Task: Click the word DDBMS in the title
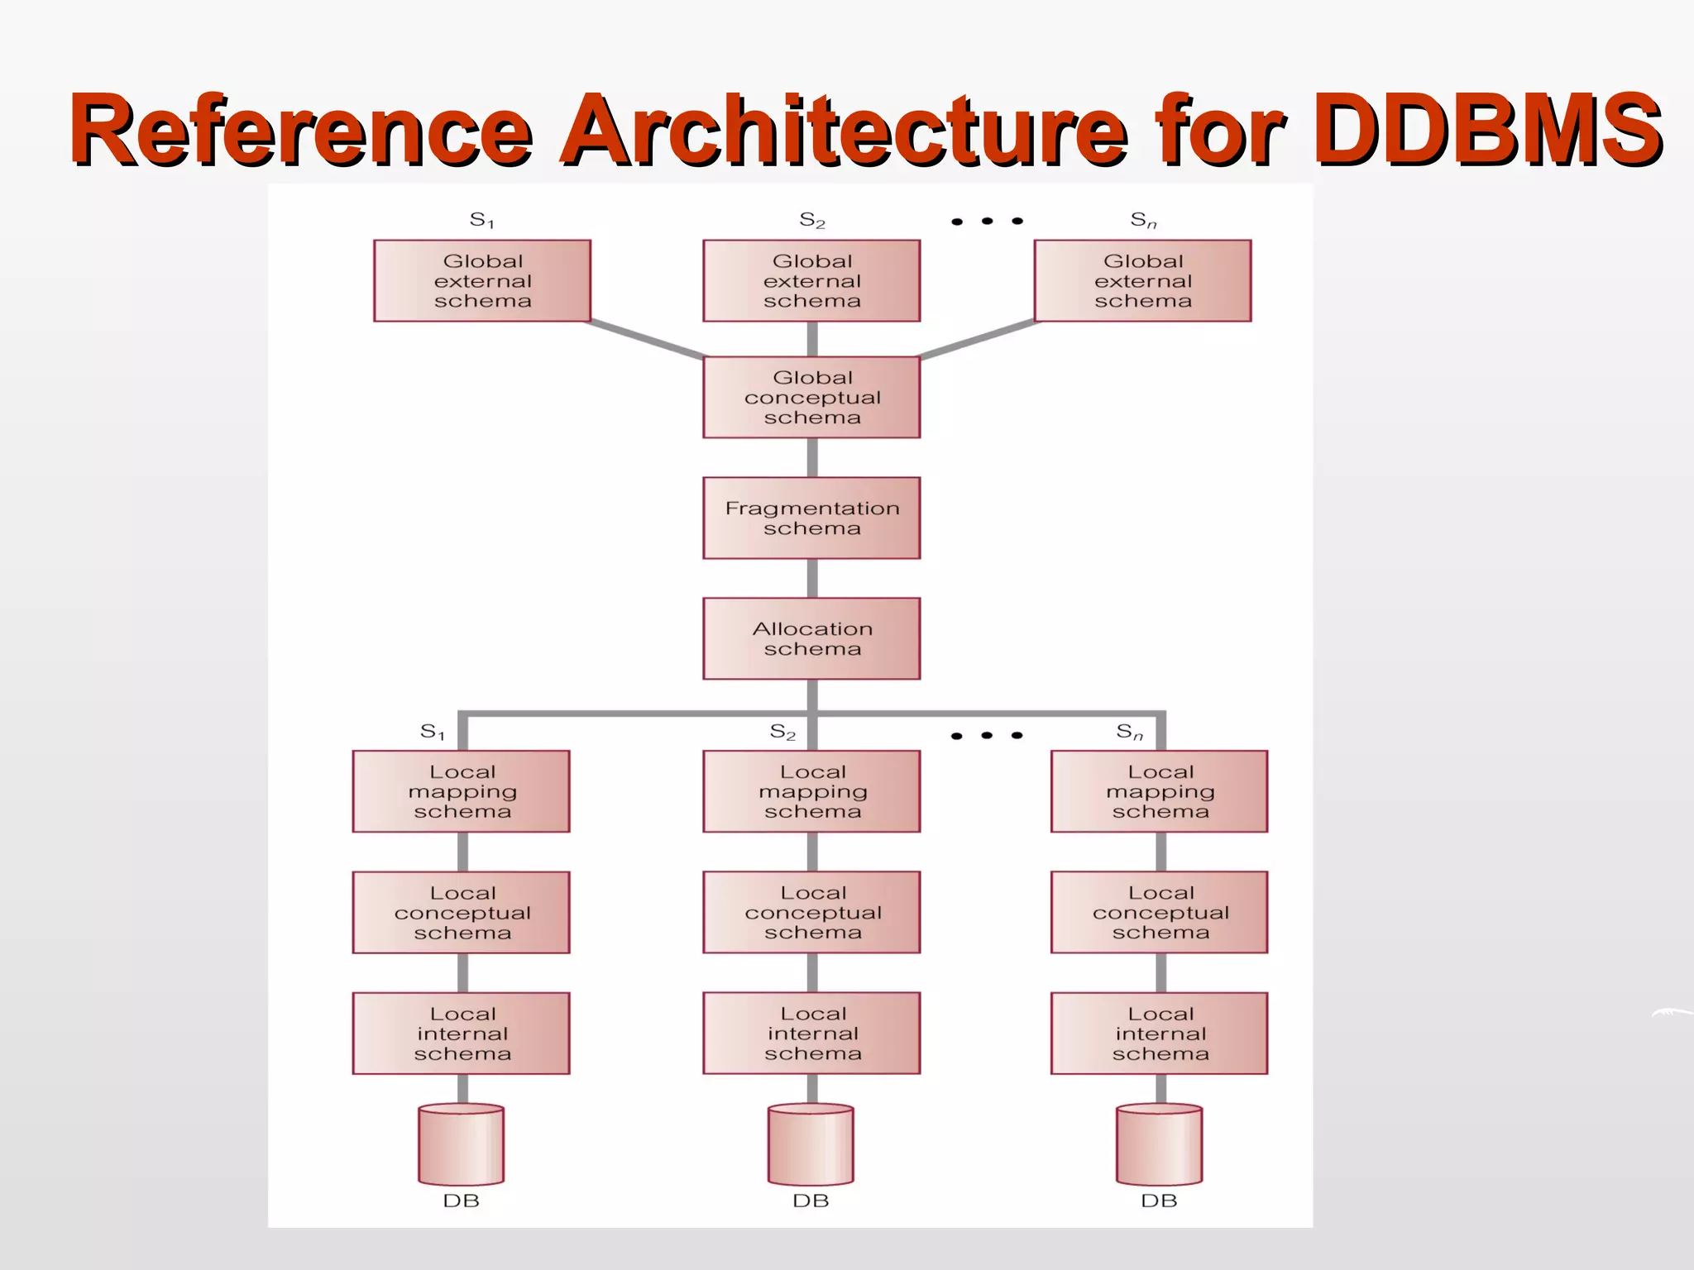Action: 1486,128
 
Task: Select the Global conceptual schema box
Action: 811,397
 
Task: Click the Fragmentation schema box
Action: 811,518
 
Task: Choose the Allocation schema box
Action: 811,638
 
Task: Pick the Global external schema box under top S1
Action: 482,280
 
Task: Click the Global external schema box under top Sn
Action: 1142,280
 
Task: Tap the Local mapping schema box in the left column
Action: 462,791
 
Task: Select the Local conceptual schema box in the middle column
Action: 811,912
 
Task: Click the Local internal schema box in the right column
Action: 1159,1033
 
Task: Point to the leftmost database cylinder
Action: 462,1145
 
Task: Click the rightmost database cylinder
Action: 1159,1145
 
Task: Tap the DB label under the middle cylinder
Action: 811,1201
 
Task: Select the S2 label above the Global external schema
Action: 811,220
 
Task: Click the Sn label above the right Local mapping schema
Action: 1130,732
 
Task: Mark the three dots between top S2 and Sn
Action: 987,221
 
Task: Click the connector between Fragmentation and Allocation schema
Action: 812,578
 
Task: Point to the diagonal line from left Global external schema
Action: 645,339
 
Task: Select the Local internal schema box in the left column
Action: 462,1033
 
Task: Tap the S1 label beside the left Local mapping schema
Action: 433,732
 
